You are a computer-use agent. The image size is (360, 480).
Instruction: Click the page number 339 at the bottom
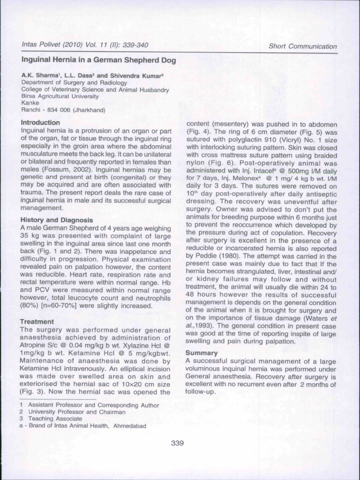click(178, 443)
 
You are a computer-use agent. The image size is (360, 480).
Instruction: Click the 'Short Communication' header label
click(302, 46)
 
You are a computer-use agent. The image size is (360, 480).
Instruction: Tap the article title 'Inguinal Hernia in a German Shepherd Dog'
click(98, 60)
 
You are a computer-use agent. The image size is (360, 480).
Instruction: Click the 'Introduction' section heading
click(41, 122)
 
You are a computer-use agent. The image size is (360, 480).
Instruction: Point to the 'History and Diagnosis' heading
click(57, 220)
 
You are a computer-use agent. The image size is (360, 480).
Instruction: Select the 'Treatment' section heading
click(37, 322)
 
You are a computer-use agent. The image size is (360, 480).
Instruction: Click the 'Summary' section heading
click(202, 352)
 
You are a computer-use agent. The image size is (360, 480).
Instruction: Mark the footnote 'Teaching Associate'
click(55, 419)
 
